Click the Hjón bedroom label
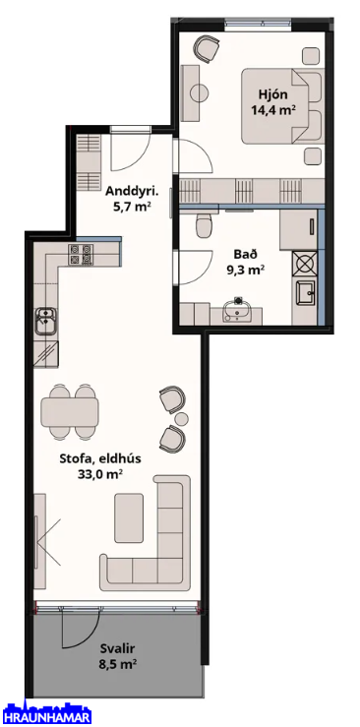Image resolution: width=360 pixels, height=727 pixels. coord(272,95)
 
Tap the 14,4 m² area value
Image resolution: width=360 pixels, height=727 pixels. coord(273,110)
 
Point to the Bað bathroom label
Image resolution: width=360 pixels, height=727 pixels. coord(246,254)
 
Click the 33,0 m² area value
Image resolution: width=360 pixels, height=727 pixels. coord(100,474)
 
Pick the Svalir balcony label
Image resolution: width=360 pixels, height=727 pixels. coord(116,648)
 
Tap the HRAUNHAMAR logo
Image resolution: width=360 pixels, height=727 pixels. coord(46,714)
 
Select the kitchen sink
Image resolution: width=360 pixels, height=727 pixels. coord(46,321)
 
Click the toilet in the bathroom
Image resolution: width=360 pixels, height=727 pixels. coord(204,224)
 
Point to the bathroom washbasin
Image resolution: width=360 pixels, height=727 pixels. coord(238,309)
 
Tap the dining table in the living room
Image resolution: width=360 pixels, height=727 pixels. coord(70,412)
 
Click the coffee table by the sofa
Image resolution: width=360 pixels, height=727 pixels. coord(129,517)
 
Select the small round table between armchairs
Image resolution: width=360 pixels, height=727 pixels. coord(181,419)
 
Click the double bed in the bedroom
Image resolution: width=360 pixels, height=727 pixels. coord(282,105)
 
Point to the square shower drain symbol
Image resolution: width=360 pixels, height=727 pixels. coord(305,263)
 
